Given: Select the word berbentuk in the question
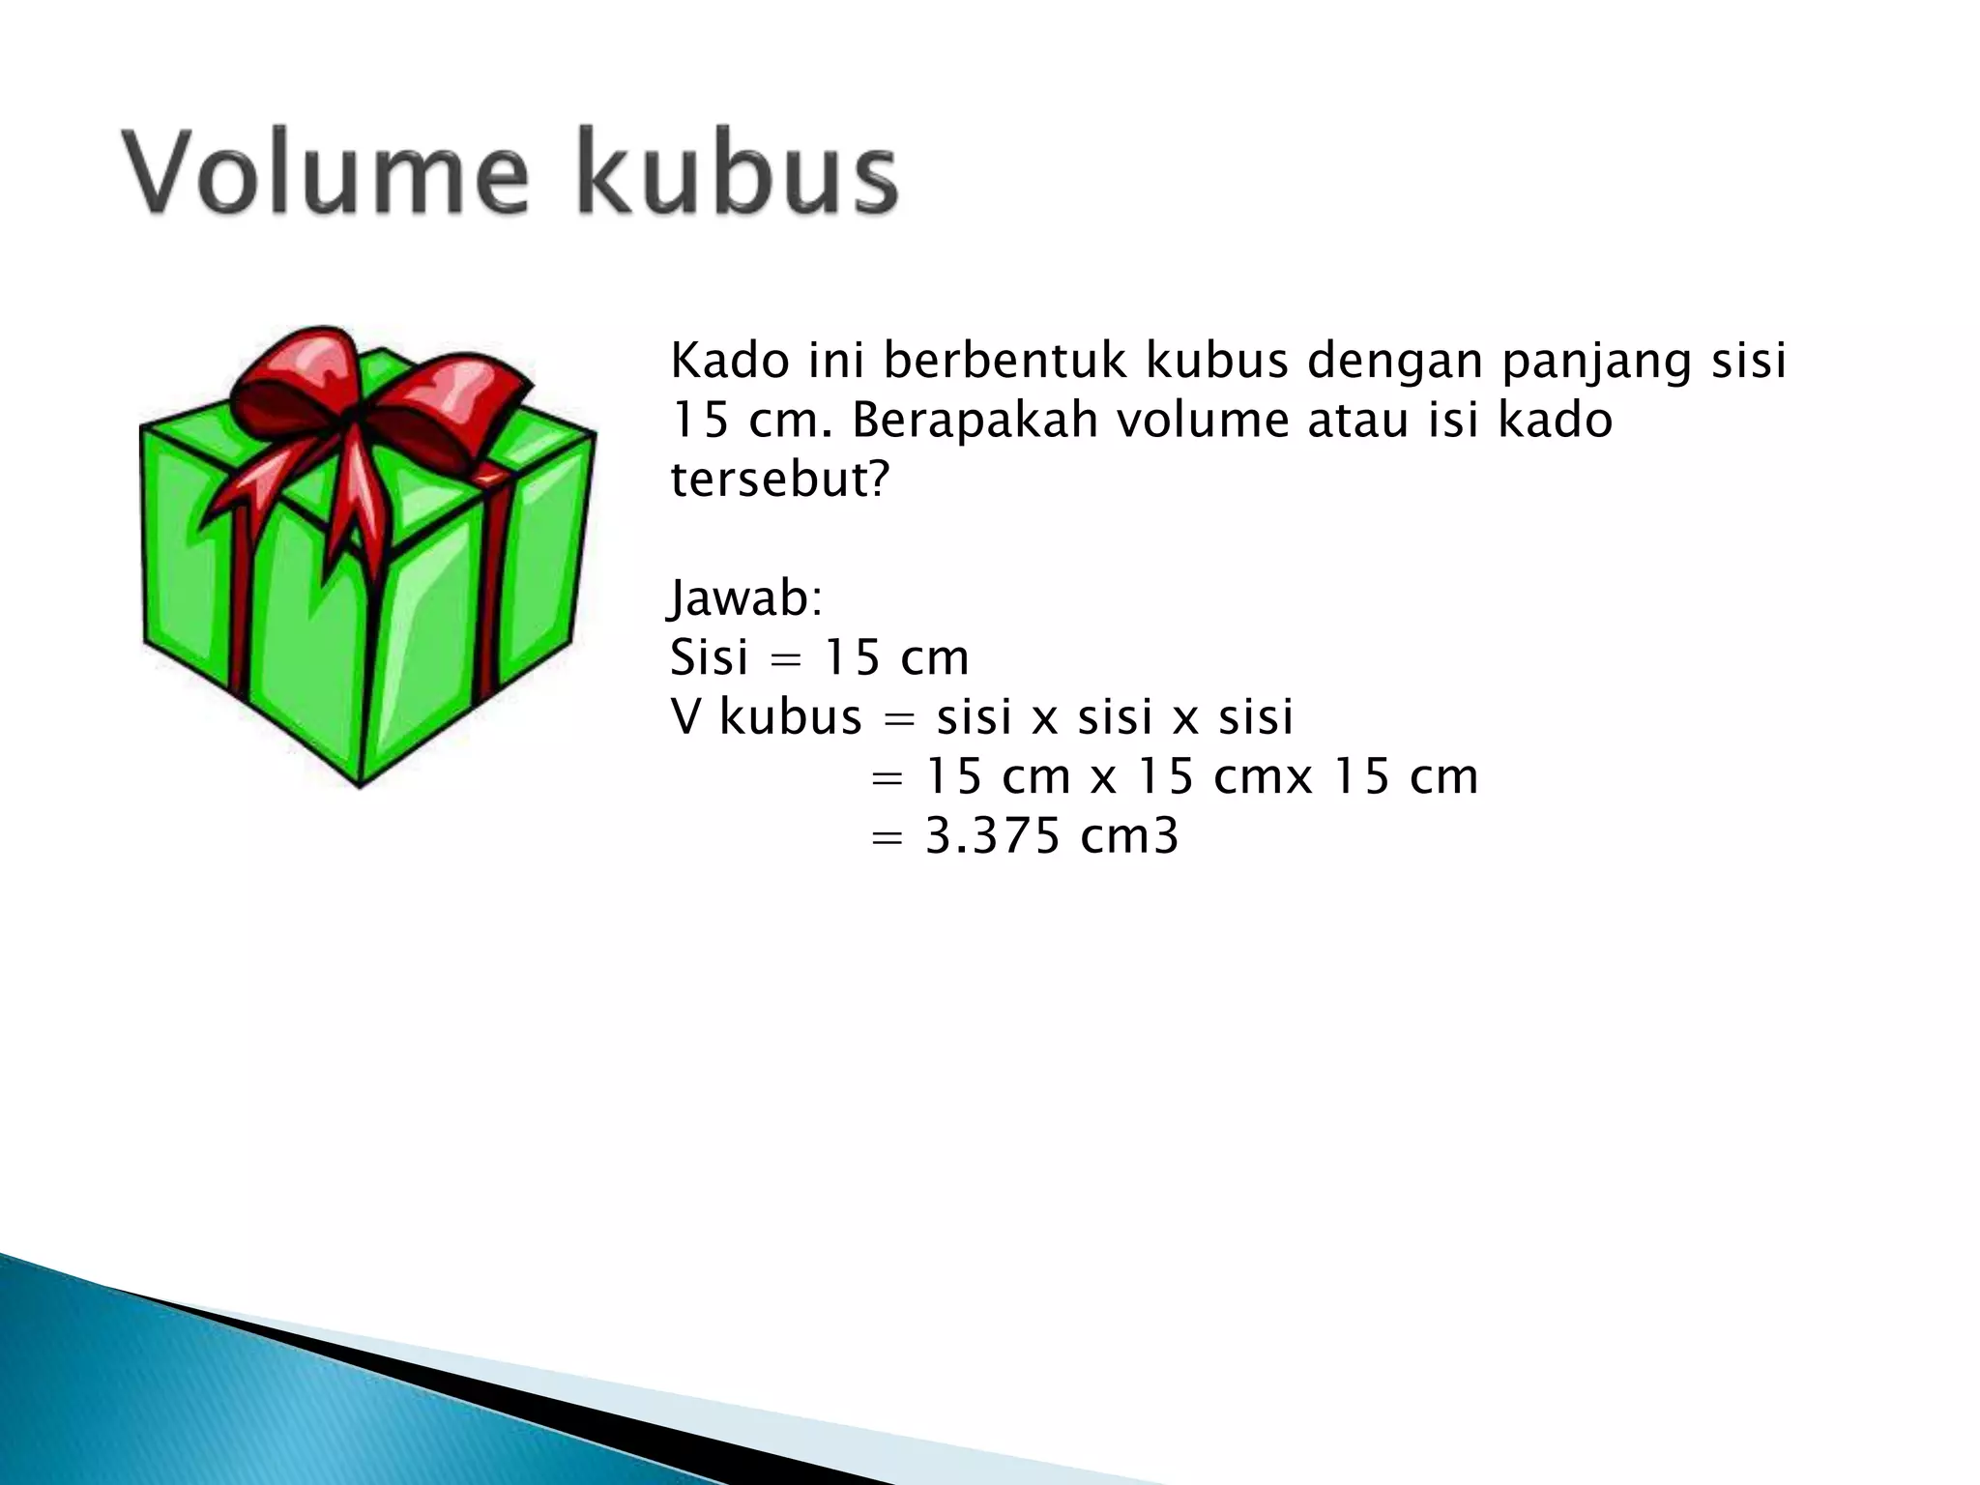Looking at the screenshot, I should [1005, 361].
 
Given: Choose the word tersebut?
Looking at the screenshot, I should [779, 480].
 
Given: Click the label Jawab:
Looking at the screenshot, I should [745, 599].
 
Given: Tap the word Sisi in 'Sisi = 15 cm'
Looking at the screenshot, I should [710, 658].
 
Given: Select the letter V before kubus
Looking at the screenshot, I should [684, 717].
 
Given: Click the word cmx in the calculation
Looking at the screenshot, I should [1263, 777].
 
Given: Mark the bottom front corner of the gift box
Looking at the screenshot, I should [360, 783].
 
